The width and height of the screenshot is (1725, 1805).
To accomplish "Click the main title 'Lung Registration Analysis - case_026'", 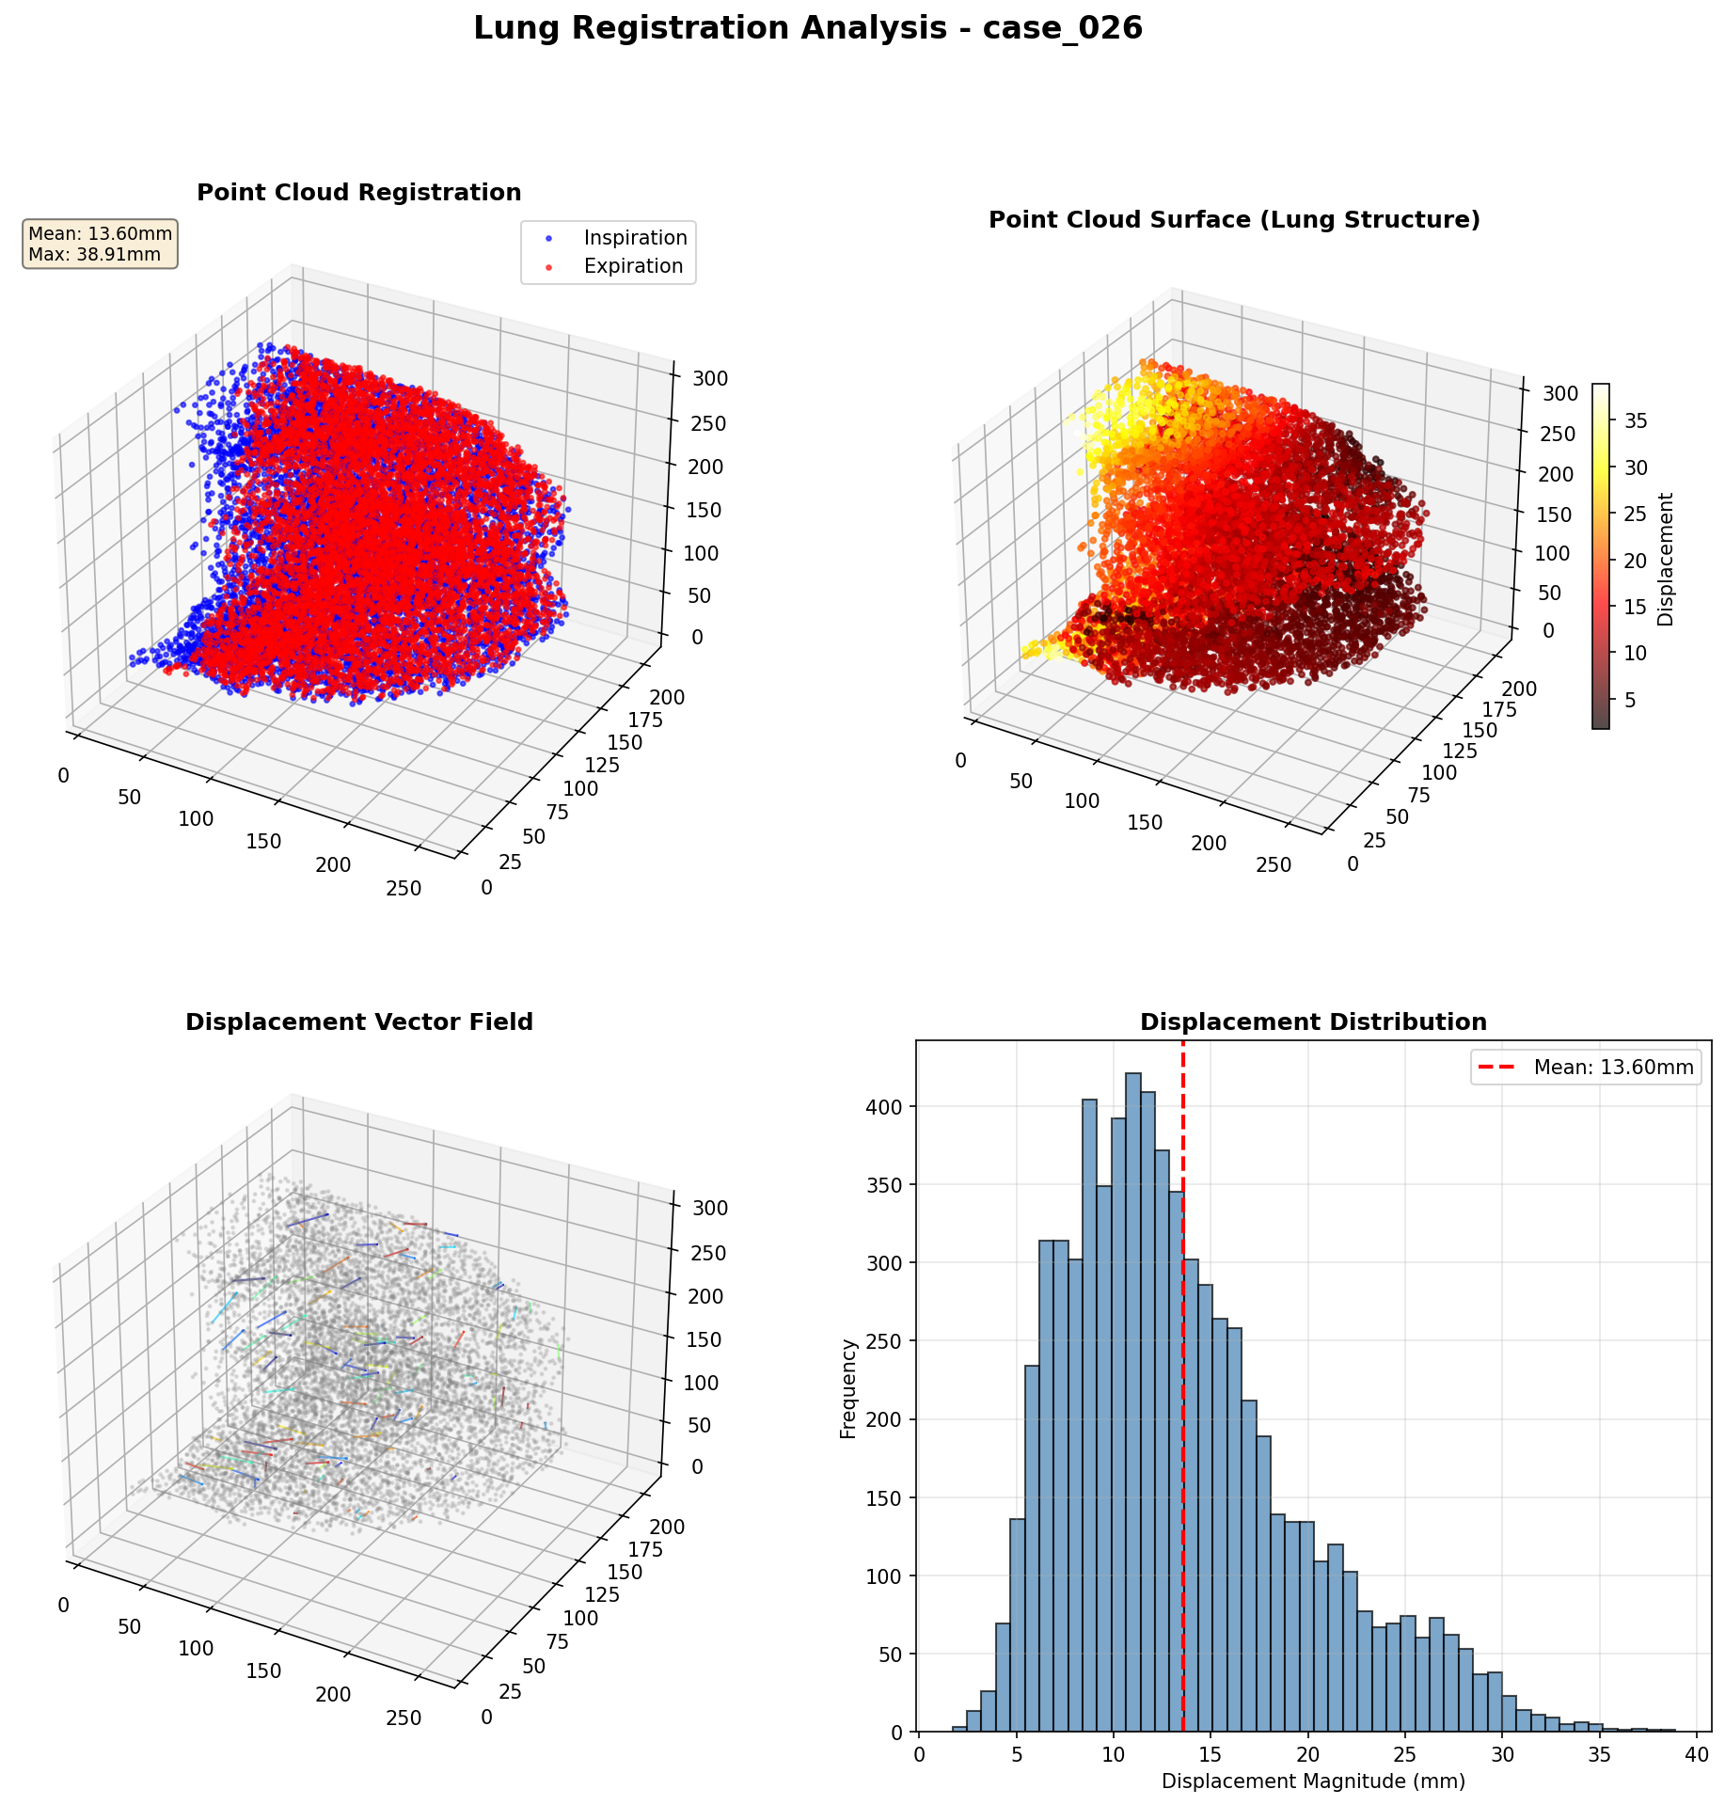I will (x=807, y=29).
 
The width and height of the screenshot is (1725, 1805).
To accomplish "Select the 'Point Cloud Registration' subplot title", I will (x=358, y=193).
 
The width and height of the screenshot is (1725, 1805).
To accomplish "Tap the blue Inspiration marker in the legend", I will (x=549, y=238).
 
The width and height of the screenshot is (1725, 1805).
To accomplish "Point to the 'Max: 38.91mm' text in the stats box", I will (x=94, y=255).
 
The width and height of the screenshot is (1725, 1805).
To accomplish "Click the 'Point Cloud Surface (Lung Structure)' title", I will (x=1234, y=220).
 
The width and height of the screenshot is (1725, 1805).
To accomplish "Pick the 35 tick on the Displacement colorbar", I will (x=1636, y=421).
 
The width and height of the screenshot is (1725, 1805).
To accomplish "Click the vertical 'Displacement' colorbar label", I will (x=1666, y=559).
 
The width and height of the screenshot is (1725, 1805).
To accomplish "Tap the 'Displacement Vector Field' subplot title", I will (x=358, y=1022).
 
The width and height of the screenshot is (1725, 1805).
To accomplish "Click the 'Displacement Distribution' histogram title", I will (x=1313, y=1022).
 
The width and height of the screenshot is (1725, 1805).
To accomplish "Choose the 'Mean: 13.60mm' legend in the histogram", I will (x=1586, y=1068).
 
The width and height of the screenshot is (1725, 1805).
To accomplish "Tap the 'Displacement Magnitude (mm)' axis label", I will (x=1313, y=1781).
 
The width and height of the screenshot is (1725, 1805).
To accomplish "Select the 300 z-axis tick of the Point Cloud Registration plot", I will (x=710, y=379).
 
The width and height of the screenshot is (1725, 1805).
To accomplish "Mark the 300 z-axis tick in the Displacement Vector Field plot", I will (x=710, y=1209).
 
